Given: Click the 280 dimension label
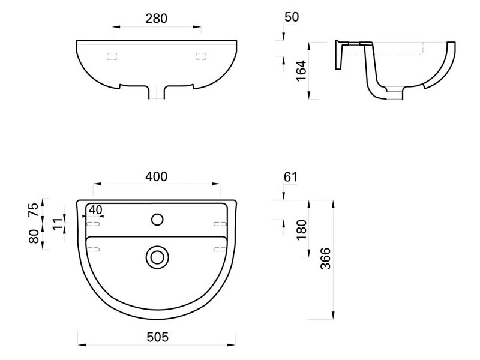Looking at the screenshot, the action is click(x=157, y=19).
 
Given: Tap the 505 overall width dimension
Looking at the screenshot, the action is click(x=157, y=337).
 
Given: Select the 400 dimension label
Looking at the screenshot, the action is click(x=157, y=177).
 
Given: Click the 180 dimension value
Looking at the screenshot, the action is click(x=301, y=230).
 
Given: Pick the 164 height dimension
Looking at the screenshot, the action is click(x=301, y=71).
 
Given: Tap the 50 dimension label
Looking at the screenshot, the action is click(x=292, y=17).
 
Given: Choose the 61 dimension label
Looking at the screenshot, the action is click(x=290, y=177).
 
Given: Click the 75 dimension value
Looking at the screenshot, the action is click(x=34, y=209).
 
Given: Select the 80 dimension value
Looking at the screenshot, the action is click(x=34, y=236).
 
